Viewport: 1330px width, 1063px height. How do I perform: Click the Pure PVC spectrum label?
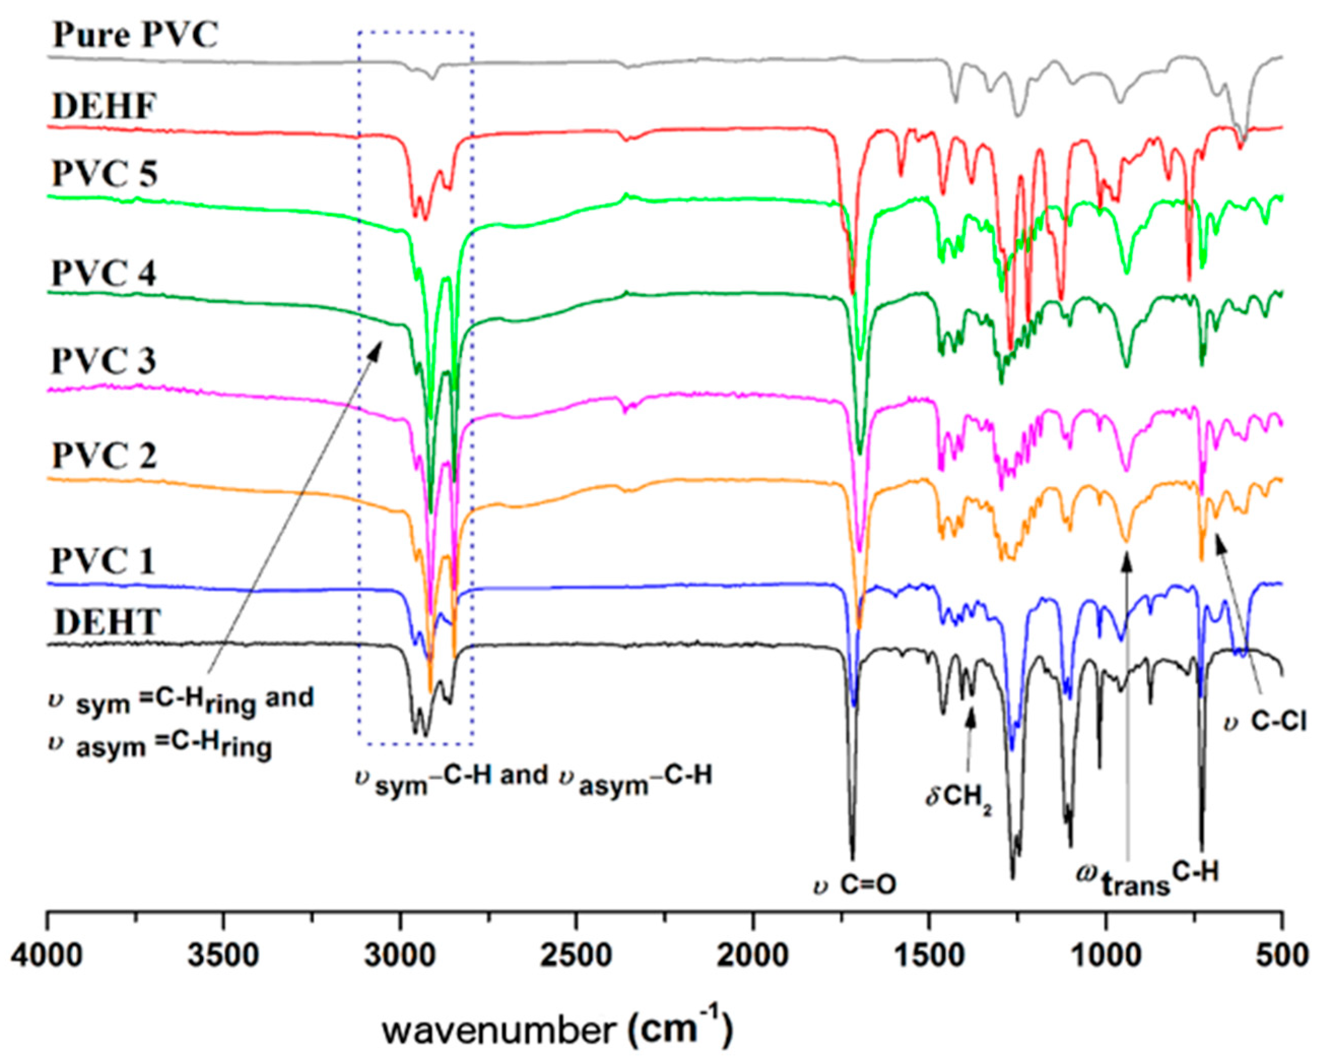135,35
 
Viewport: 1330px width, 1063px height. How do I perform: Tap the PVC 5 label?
104,174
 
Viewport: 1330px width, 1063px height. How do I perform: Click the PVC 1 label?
103,561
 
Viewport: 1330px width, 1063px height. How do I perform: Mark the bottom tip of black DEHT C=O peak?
852,859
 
